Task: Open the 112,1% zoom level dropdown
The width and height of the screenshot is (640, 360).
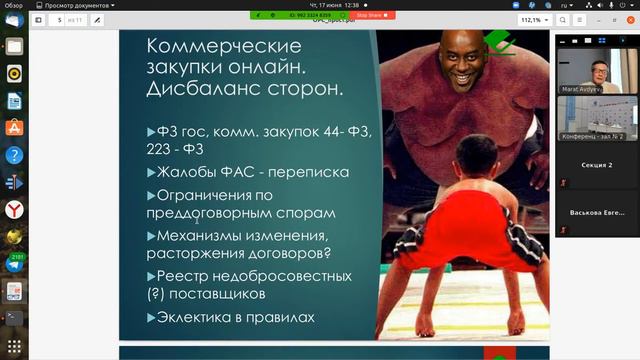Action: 534,19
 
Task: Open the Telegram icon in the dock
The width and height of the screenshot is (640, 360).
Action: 15,264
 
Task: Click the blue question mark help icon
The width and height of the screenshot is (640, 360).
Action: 15,155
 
